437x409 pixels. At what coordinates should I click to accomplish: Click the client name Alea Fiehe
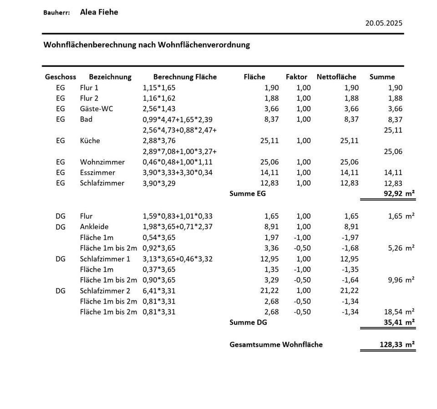pyautogui.click(x=99, y=12)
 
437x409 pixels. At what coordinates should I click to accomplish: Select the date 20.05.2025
pyautogui.click(x=384, y=23)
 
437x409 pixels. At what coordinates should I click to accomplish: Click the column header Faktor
pyautogui.click(x=296, y=77)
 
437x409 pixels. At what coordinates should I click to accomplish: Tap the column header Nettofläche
pyautogui.click(x=336, y=77)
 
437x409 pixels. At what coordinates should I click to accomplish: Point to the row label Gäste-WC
pyautogui.click(x=97, y=109)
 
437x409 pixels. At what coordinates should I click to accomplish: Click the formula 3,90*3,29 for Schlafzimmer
pyautogui.click(x=159, y=183)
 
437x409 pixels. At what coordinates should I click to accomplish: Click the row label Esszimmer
pyautogui.click(x=97, y=173)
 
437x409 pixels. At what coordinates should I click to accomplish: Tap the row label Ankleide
pyautogui.click(x=94, y=227)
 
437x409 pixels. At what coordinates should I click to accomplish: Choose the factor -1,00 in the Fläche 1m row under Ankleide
pyautogui.click(x=303, y=237)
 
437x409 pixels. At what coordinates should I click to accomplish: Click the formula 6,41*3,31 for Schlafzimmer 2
pyautogui.click(x=159, y=291)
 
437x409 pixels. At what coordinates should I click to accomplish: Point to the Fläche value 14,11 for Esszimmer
pyautogui.click(x=269, y=173)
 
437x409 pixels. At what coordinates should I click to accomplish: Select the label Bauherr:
pyautogui.click(x=56, y=13)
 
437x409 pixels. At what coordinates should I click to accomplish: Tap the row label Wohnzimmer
pyautogui.click(x=102, y=162)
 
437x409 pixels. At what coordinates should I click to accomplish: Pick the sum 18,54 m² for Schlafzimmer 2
pyautogui.click(x=401, y=312)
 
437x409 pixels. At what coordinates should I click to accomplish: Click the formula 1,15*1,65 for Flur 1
pyautogui.click(x=159, y=88)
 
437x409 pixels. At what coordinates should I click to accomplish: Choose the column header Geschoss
pyautogui.click(x=61, y=77)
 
